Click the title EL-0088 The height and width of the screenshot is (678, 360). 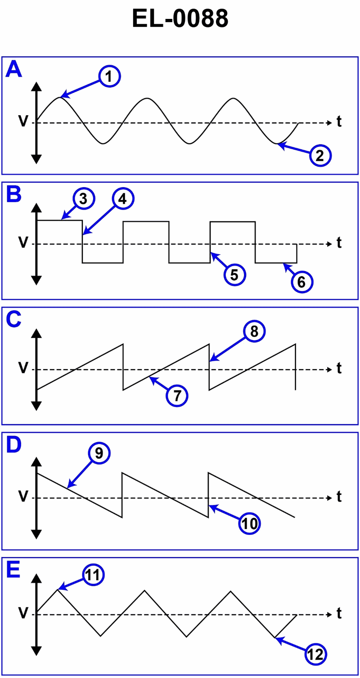pos(180,19)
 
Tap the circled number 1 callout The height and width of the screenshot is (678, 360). pos(110,77)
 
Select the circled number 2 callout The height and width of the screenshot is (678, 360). pos(319,156)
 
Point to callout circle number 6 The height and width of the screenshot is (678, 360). pos(301,282)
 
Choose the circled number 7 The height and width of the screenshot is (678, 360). pos(177,396)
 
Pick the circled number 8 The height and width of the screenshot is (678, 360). pos(254,332)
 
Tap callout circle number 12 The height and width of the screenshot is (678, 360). pos(316,654)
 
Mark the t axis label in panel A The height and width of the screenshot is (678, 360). pos(339,122)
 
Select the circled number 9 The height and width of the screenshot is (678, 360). pos(99,453)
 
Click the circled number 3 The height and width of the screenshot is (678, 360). pos(82,199)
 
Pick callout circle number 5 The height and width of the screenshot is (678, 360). pos(234,274)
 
